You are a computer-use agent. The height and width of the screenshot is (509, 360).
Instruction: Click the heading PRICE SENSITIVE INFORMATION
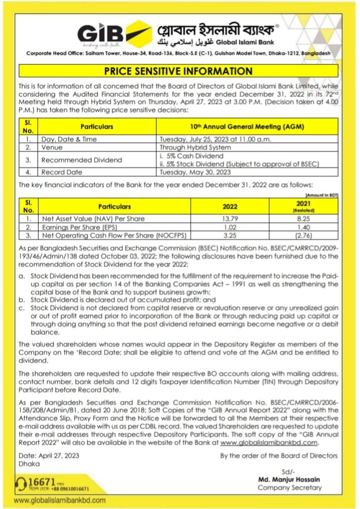(x=178, y=71)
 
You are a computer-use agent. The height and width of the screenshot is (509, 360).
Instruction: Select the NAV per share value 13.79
(x=231, y=219)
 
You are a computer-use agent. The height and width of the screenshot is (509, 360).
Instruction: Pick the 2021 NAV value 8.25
(x=304, y=219)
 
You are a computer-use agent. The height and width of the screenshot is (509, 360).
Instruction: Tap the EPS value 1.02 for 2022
(x=231, y=227)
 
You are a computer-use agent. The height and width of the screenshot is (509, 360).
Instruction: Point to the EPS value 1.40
(x=304, y=227)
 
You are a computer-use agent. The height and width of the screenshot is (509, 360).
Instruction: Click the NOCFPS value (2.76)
(x=304, y=236)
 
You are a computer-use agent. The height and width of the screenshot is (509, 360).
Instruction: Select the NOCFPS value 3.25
(x=231, y=236)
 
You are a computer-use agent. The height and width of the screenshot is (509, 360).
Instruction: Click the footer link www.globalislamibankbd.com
(x=60, y=500)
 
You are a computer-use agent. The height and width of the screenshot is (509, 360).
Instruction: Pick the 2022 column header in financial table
(x=231, y=206)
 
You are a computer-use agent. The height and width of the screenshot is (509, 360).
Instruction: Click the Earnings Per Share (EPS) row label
(x=77, y=227)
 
